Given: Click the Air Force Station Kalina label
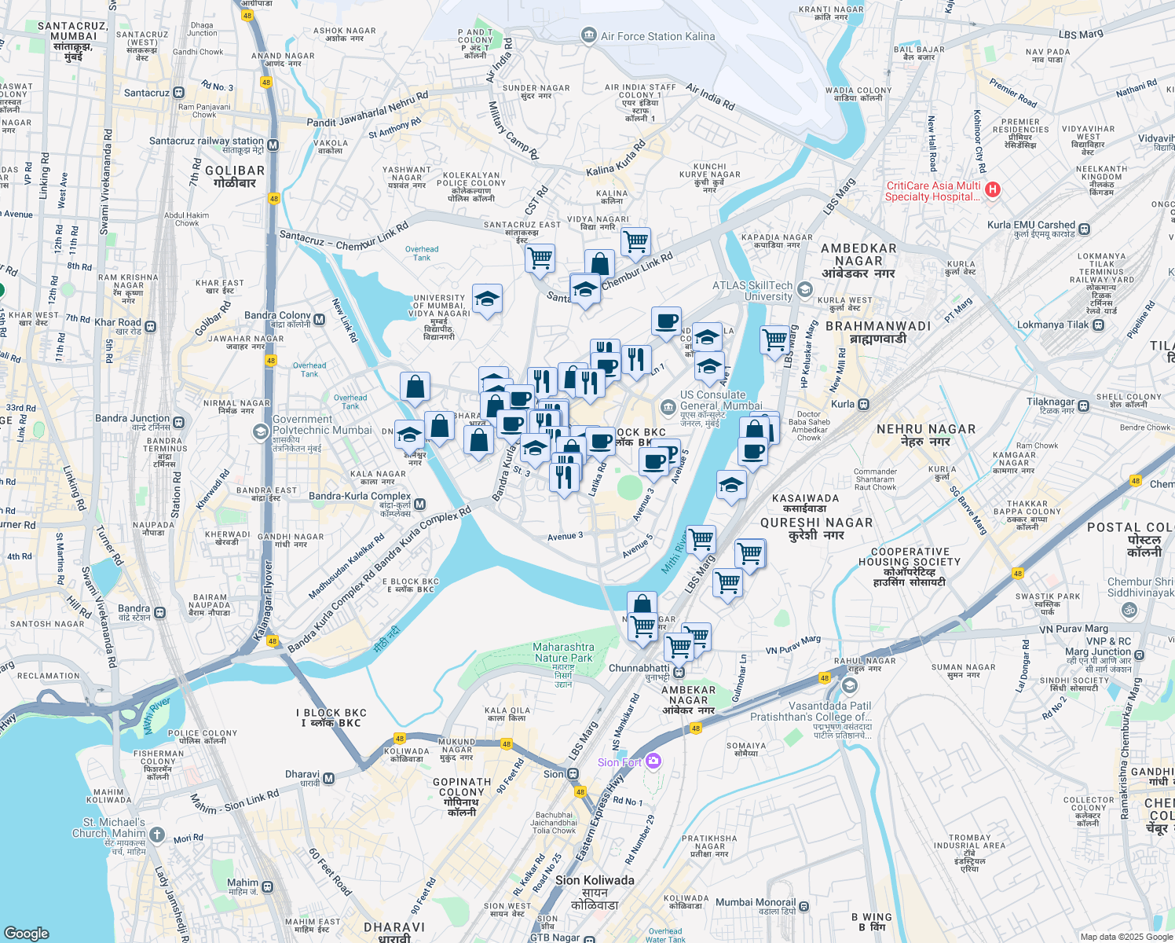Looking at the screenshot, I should tap(657, 36).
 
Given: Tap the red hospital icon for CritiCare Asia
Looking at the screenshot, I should tap(993, 189).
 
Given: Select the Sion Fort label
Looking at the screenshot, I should tap(620, 762).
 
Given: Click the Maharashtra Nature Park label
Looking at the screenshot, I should tap(563, 652).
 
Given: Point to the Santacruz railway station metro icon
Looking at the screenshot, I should tap(273, 145).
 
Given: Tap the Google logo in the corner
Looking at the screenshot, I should tap(26, 933).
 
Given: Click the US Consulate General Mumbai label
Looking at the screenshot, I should tap(712, 400).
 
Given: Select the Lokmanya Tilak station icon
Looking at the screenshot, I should tap(1097, 325).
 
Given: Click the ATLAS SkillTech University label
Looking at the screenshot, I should tap(752, 291).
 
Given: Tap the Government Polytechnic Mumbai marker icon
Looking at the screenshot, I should tap(261, 432).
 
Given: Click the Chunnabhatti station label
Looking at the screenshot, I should tap(639, 669).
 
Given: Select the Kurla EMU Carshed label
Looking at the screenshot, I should tap(1030, 225).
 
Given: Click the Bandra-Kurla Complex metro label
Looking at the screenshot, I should tap(360, 496).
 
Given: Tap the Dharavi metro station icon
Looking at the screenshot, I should tap(328, 778).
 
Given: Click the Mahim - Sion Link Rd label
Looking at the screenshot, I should tap(234, 802).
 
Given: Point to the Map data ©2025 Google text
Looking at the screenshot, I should tap(1126, 937).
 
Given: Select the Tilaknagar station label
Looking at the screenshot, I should tap(1050, 402).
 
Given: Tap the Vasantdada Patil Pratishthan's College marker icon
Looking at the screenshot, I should tap(849, 686).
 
